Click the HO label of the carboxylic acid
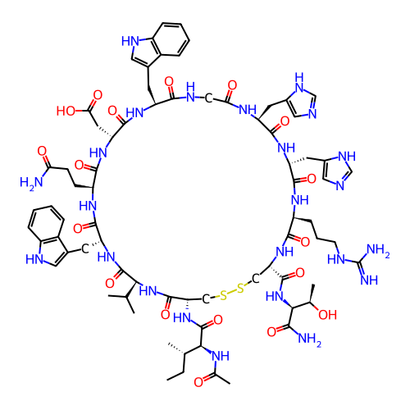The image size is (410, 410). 66,111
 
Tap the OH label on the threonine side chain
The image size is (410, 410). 327,315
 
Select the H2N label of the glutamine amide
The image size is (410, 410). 31,183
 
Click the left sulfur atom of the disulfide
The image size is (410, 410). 224,295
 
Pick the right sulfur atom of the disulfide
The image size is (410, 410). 240,289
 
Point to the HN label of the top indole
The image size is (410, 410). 130,41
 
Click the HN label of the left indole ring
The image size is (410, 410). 34,259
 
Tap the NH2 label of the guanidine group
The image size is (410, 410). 378,250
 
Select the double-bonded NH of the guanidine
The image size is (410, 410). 369,280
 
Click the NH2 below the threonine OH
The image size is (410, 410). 309,339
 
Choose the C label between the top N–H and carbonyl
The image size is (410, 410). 208,98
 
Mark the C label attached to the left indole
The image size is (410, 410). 85,248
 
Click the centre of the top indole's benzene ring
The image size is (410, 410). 171,39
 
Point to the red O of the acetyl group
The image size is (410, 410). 198,382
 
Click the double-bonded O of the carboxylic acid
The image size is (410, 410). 98,95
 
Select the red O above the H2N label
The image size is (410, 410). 42,151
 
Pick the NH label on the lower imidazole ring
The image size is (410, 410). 347,157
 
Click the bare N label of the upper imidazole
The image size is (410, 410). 312,114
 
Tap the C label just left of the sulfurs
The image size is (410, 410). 206,299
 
